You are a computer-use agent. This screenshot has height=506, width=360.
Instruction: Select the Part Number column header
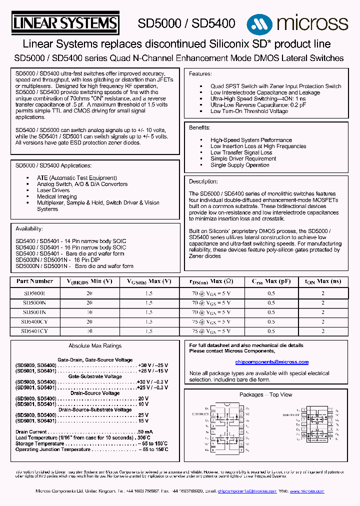(x=34, y=281)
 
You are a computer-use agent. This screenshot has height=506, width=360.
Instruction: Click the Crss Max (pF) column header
(x=271, y=281)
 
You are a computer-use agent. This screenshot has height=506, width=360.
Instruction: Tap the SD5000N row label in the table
(x=34, y=302)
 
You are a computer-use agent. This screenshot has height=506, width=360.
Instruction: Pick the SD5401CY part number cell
(x=34, y=331)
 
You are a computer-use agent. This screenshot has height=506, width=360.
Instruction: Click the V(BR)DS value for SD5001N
(x=89, y=312)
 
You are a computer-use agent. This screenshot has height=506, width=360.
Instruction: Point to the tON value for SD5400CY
(x=323, y=321)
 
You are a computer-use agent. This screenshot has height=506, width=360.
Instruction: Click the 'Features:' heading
(x=200, y=74)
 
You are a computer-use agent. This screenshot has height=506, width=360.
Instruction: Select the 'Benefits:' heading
(x=199, y=128)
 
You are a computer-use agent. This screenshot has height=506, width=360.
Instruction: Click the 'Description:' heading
(x=203, y=181)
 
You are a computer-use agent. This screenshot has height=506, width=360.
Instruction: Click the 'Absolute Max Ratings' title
(x=95, y=346)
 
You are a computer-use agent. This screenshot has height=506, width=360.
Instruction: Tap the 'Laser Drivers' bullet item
(x=53, y=190)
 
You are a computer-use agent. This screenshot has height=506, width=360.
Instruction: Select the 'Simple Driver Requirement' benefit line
(x=243, y=158)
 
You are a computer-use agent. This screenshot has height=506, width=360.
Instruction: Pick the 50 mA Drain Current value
(x=145, y=431)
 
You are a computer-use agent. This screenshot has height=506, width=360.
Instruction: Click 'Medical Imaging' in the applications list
(x=57, y=196)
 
